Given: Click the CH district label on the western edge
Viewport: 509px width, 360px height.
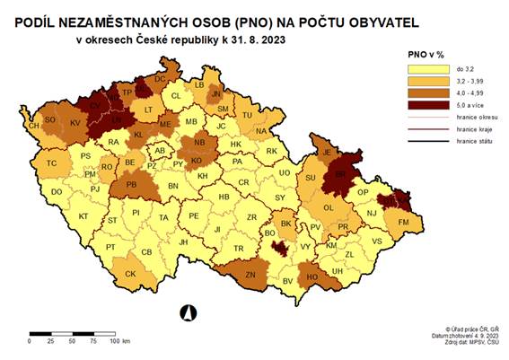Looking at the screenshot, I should pos(34,127).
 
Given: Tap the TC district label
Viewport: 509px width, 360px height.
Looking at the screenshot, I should pos(52,163).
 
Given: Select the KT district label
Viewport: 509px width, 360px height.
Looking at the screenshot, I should pos(83,217).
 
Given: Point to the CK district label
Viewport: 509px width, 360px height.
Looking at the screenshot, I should pos(130,274).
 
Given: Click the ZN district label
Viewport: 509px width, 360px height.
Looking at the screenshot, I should pos(250,275).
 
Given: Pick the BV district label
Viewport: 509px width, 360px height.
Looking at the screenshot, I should pos(288,282).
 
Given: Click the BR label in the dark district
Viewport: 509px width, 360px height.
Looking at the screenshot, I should pos(340,177).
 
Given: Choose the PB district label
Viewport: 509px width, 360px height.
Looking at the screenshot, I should pos(132,186).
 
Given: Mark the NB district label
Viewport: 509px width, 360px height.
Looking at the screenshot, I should pos(199,143).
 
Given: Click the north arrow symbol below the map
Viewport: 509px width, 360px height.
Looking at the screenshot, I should pos(189,312).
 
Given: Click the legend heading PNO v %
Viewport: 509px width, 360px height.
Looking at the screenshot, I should pos(426,53).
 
